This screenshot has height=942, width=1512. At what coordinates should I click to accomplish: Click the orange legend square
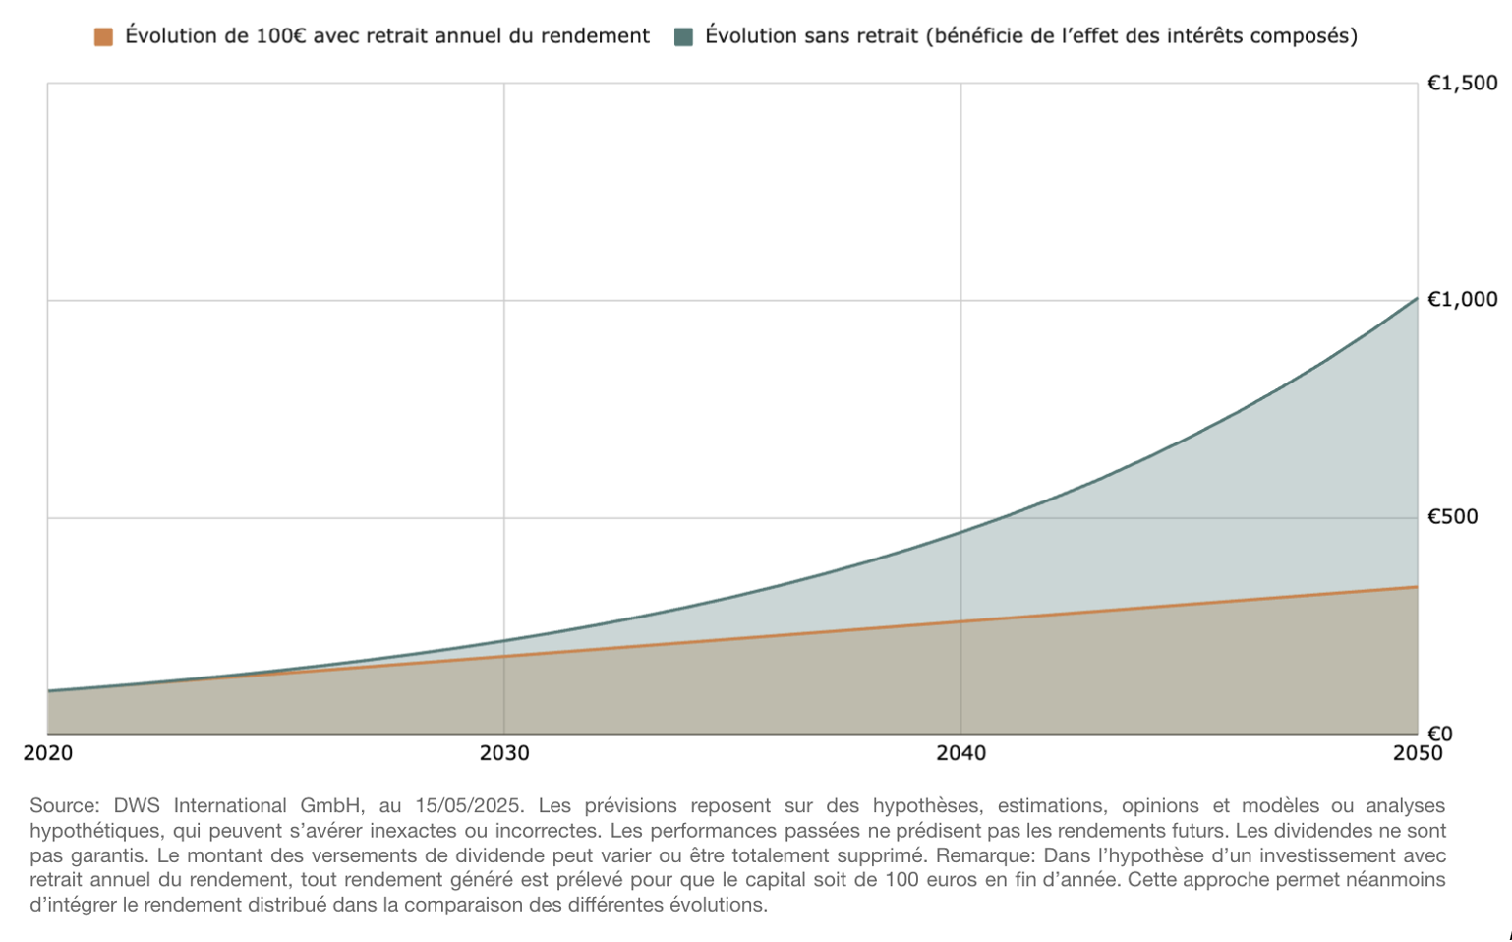click(x=103, y=37)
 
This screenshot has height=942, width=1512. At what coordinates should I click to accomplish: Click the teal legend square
click(x=683, y=37)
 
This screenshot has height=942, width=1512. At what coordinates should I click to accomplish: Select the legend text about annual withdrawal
click(x=386, y=36)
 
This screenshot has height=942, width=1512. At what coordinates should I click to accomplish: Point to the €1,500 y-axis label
click(x=1462, y=84)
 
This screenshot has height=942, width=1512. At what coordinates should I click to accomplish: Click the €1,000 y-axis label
click(x=1462, y=300)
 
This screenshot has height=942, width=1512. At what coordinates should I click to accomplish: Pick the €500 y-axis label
click(x=1452, y=517)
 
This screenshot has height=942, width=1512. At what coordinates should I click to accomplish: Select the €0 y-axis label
click(x=1439, y=734)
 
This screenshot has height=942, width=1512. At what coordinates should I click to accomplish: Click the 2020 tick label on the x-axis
click(x=48, y=754)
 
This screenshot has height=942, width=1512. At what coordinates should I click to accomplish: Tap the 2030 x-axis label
click(x=504, y=754)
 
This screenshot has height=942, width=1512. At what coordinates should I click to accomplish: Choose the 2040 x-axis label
click(x=960, y=754)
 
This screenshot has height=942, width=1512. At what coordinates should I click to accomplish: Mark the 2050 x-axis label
click(x=1417, y=754)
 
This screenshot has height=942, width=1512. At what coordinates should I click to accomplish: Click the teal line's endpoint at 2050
click(x=1417, y=298)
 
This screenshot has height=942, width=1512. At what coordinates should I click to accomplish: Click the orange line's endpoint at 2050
click(x=1417, y=587)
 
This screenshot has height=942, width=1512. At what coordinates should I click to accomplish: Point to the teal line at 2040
click(x=960, y=532)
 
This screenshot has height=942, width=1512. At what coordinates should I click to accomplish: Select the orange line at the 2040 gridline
click(x=960, y=621)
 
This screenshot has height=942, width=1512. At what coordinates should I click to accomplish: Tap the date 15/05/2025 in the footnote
click(x=468, y=806)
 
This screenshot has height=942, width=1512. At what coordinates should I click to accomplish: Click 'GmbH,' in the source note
click(x=332, y=806)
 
